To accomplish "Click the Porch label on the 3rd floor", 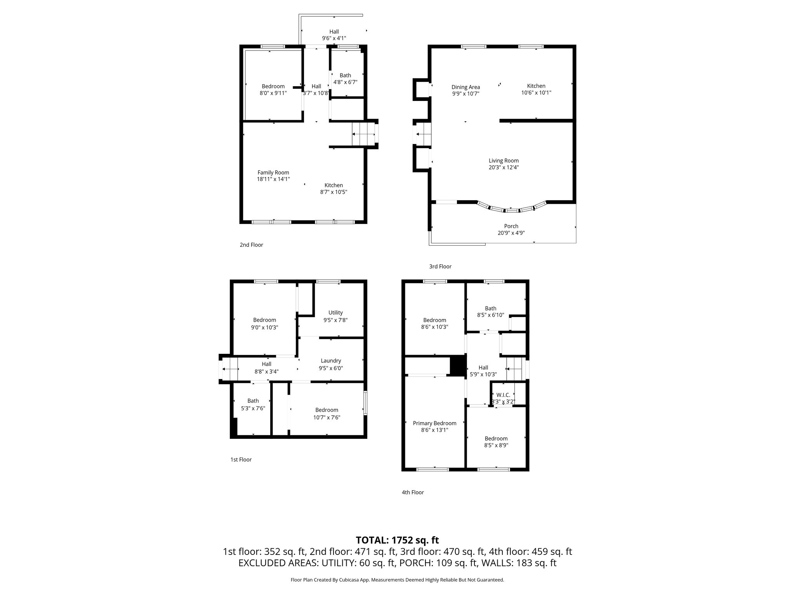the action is tap(511, 226).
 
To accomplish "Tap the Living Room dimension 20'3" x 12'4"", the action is tap(503, 168).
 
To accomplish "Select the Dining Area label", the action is tap(465, 87).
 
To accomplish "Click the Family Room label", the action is tap(273, 173).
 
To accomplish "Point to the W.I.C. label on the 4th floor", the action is tap(503, 395).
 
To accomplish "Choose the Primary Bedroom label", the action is tap(434, 423).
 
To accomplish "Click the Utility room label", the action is tap(335, 313).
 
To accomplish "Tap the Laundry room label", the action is tap(331, 361).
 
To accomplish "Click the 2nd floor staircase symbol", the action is tap(364, 134).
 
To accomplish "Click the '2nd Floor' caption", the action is tap(251, 245).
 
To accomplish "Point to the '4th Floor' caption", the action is tap(413, 492).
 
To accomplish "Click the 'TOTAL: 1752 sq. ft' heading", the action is tap(397, 540).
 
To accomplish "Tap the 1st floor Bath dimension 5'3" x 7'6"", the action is tap(253, 408).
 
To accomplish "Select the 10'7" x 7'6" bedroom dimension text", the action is tap(327, 418).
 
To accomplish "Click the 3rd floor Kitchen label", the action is tap(536, 86).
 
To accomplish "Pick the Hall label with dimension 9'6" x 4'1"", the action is tap(334, 32).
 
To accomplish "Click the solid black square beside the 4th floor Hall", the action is tap(458, 366).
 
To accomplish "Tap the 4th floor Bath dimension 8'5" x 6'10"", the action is tap(491, 315).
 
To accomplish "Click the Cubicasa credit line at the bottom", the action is tap(397, 580).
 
